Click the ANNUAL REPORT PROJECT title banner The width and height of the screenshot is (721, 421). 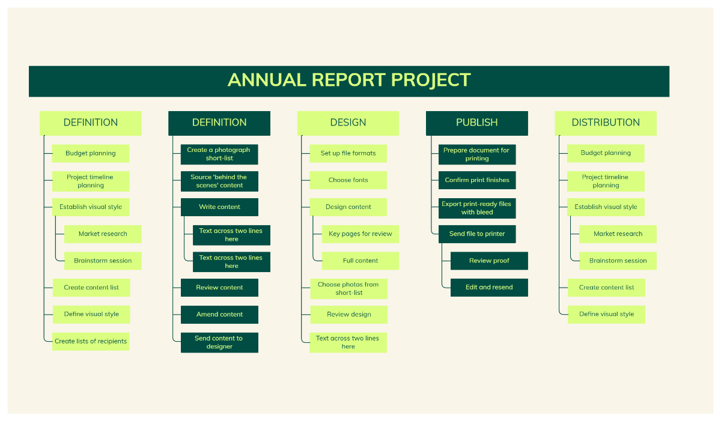click(349, 81)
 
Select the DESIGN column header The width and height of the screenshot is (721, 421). click(348, 123)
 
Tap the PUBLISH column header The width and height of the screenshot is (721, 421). click(477, 123)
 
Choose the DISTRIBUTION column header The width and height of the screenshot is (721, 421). click(606, 123)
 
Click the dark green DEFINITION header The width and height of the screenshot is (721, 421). click(219, 123)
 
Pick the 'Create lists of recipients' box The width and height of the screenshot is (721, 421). click(91, 341)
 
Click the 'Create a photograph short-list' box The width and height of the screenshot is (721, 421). click(219, 154)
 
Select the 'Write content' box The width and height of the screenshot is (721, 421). click(219, 207)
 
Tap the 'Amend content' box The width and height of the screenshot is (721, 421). click(219, 315)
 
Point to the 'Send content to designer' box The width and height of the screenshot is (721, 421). click(219, 342)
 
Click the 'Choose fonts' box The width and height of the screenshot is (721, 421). click(348, 180)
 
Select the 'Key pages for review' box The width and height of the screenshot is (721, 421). click(360, 234)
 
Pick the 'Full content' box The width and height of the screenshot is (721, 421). click(360, 261)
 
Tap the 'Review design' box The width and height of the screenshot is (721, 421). click(349, 315)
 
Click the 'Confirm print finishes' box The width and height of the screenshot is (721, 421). click(477, 180)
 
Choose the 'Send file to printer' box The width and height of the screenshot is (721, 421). click(477, 234)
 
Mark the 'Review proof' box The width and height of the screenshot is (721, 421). click(489, 261)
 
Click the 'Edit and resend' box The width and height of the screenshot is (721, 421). click(489, 288)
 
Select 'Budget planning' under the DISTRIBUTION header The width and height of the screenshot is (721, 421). click(606, 153)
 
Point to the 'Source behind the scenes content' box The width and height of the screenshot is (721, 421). click(219, 181)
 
